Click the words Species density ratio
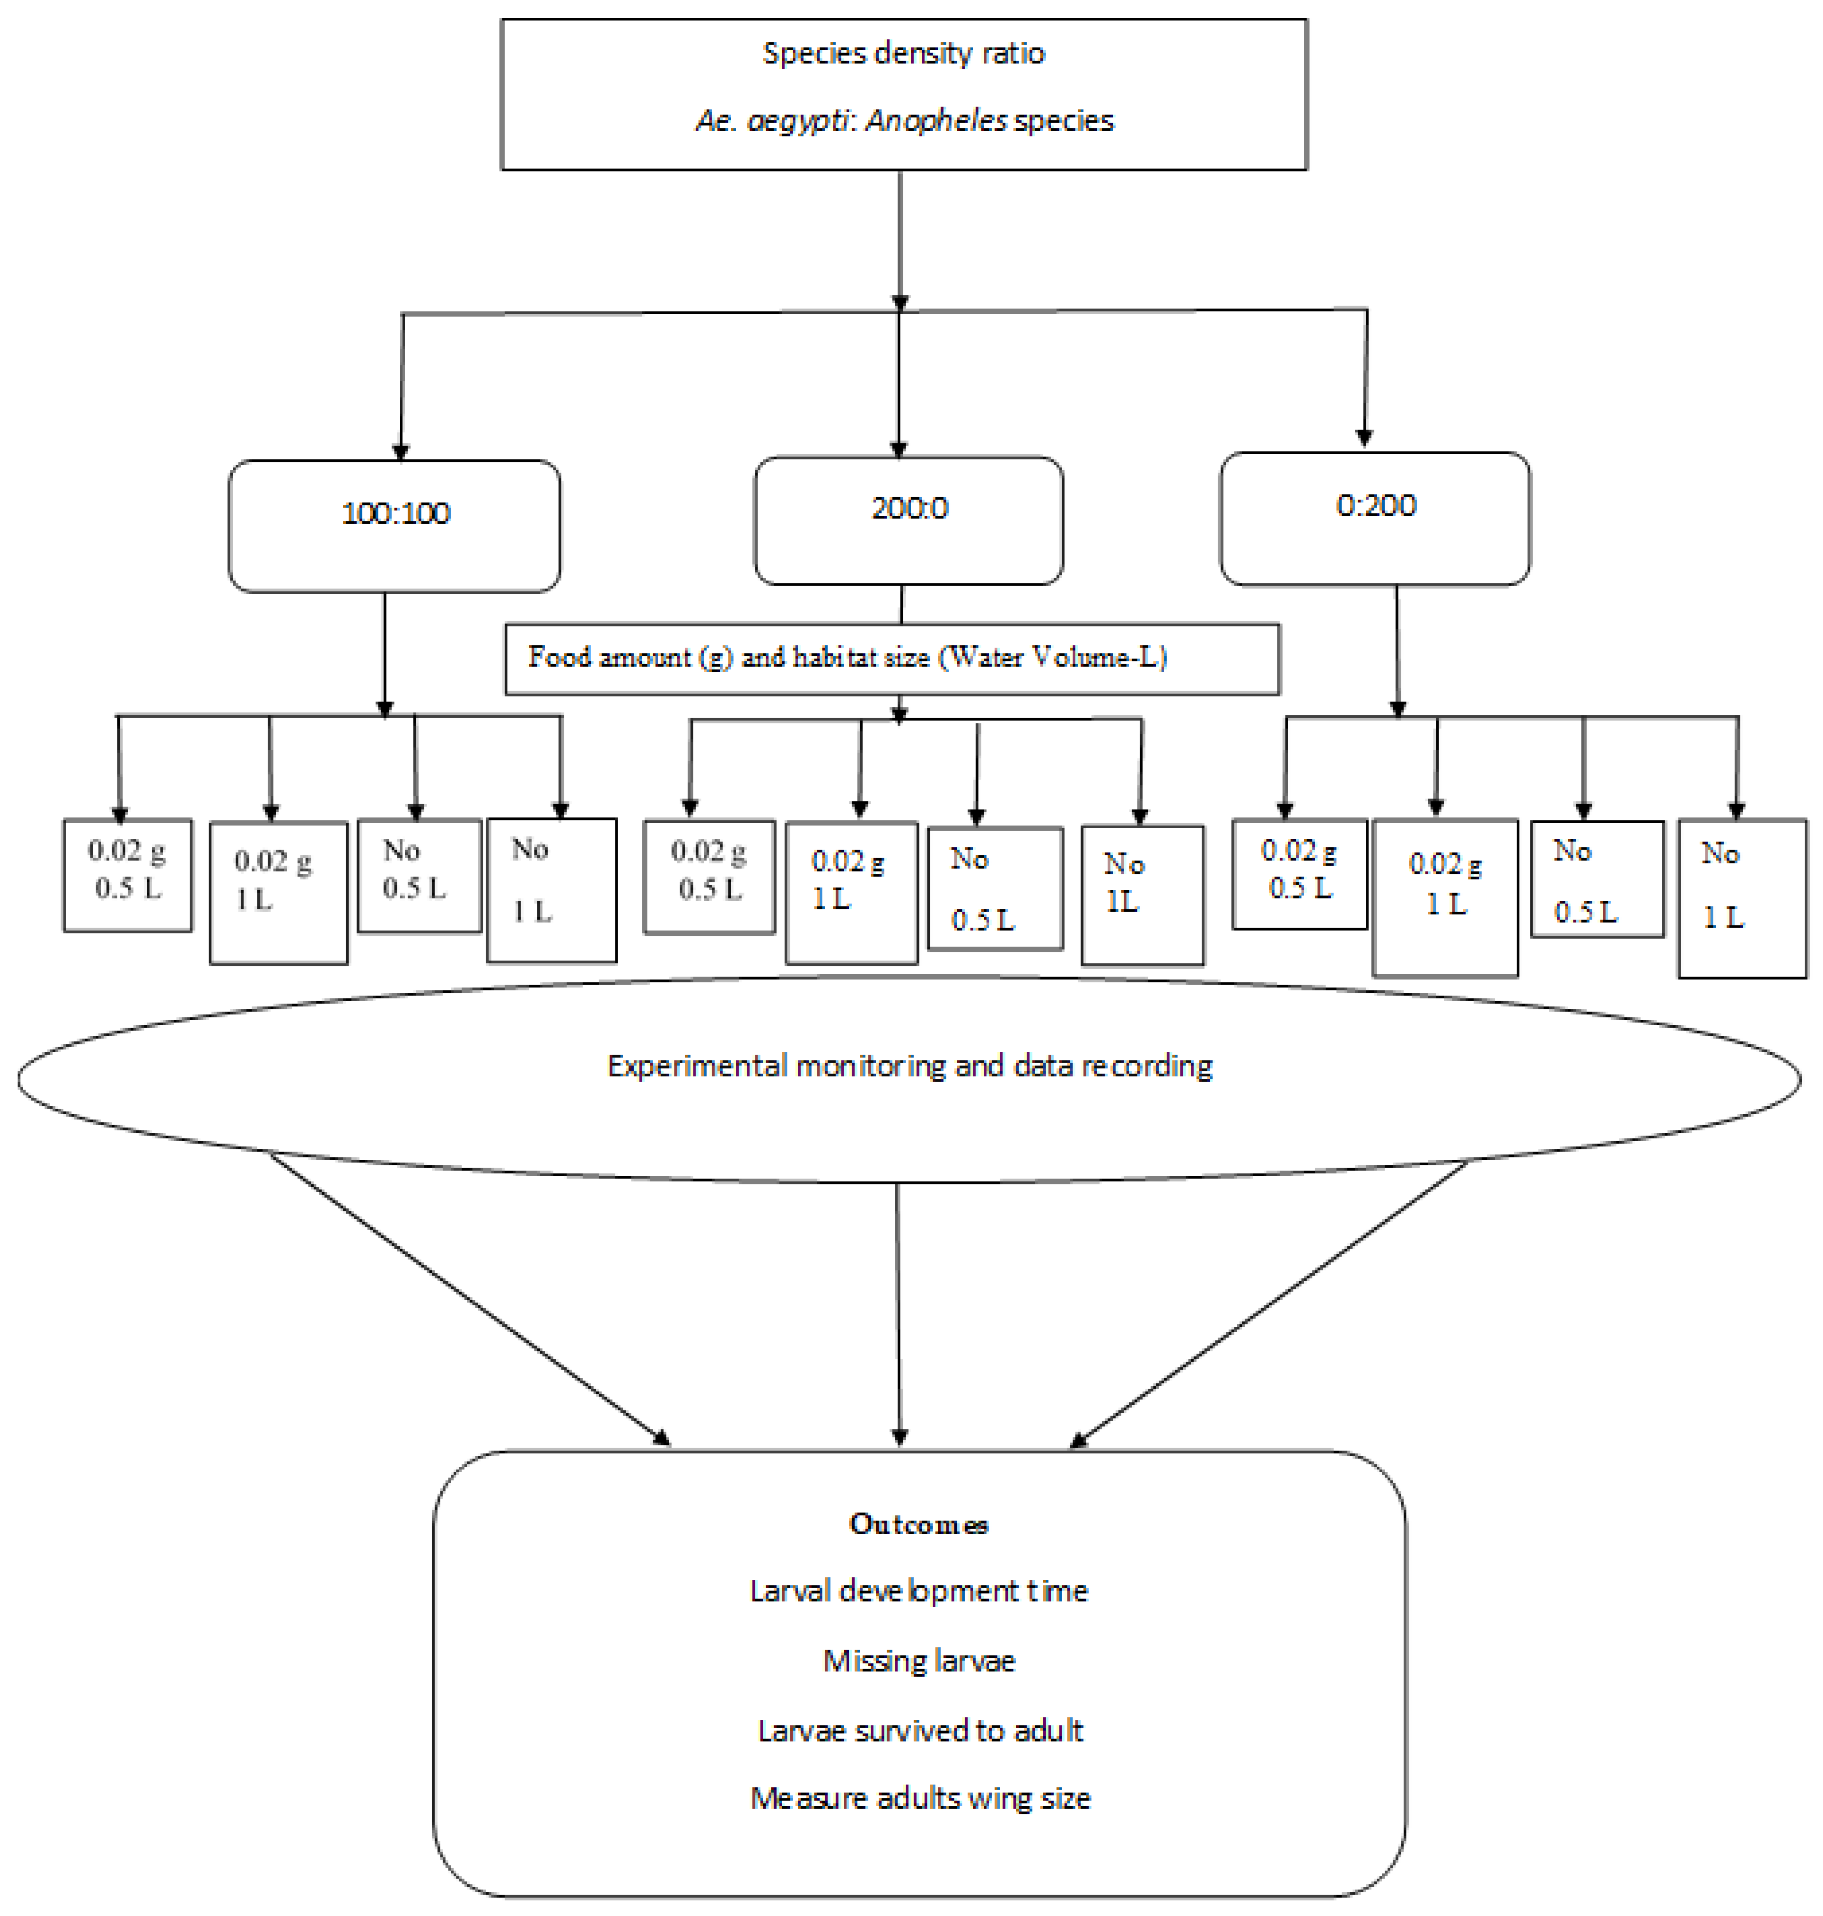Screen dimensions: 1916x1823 click(903, 53)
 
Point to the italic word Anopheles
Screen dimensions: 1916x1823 click(936, 120)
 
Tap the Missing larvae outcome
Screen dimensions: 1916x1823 click(918, 1660)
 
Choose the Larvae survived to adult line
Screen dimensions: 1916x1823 click(919, 1730)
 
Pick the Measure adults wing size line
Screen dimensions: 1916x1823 click(919, 1798)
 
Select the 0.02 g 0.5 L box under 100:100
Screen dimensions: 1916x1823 click(127, 875)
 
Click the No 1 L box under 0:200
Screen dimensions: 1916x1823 click(1741, 898)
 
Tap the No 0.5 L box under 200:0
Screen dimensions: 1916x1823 click(995, 888)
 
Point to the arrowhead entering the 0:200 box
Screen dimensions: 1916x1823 click(1364, 439)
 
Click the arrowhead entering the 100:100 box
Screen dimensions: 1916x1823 click(400, 452)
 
